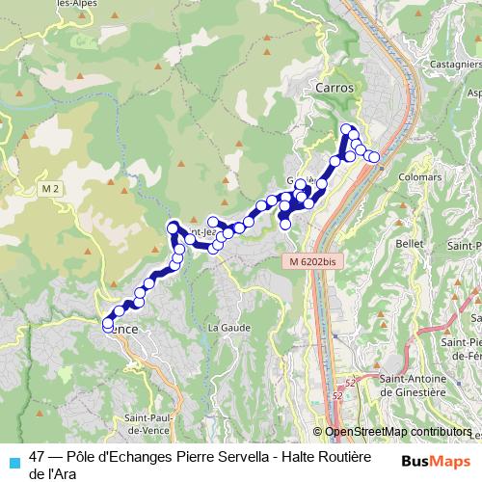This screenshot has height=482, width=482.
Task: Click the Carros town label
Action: [335, 87]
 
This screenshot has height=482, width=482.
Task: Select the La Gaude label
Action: [228, 328]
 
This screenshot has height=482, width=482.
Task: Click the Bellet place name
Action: [410, 244]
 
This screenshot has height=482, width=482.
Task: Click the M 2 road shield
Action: [51, 187]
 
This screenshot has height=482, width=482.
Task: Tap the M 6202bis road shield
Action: [310, 261]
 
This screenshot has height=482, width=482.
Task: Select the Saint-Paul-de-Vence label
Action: [147, 422]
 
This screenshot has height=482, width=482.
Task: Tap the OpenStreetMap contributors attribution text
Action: [397, 432]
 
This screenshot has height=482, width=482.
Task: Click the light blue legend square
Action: [13, 461]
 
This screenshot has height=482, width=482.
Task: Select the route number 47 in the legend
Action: [38, 458]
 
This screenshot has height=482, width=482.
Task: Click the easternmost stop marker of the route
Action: [374, 157]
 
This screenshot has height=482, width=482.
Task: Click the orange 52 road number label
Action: [337, 395]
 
